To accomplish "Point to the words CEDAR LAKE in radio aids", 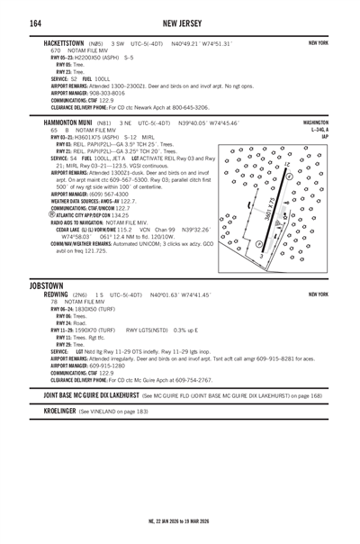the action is coord(74,230).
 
